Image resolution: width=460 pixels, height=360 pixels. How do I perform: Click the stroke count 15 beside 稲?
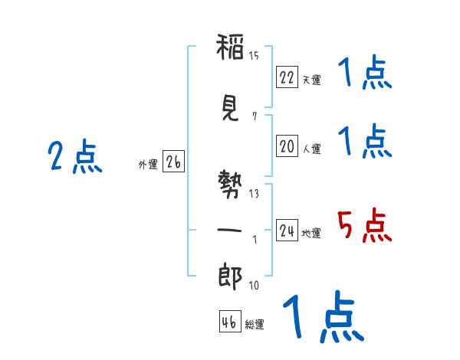pyautogui.click(x=254, y=56)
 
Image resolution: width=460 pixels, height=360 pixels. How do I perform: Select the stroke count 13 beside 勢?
pyautogui.click(x=254, y=194)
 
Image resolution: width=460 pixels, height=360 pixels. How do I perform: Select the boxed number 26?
pyautogui.click(x=173, y=162)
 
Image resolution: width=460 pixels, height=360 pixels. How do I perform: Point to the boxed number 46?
pyautogui.click(x=229, y=322)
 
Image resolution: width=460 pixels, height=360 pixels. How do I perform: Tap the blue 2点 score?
pyautogui.click(x=74, y=158)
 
